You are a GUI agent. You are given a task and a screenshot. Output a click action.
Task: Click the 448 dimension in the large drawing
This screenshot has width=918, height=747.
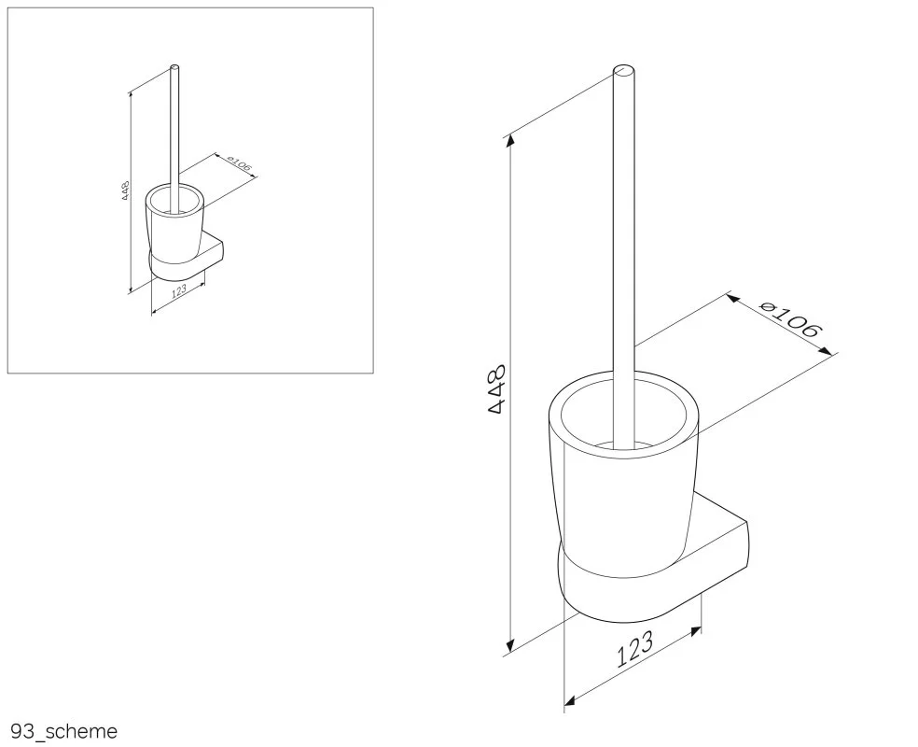497,389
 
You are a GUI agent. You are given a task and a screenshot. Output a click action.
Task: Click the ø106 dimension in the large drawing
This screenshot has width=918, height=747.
790,320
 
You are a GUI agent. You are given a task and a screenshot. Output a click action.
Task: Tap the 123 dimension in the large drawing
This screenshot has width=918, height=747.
634,649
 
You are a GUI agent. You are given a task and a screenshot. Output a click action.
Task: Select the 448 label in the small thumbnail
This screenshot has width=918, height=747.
125,191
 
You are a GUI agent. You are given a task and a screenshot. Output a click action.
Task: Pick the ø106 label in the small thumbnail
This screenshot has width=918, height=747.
239,164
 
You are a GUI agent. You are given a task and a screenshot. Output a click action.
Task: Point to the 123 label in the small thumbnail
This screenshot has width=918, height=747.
179,290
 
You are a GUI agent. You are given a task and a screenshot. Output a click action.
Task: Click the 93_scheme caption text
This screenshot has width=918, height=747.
63,731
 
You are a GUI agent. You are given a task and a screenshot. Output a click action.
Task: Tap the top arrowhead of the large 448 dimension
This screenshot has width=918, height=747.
511,139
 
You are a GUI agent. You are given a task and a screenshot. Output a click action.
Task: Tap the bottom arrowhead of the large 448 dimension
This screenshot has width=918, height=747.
511,644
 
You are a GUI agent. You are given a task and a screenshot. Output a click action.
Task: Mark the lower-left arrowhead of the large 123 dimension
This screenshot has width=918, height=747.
570,700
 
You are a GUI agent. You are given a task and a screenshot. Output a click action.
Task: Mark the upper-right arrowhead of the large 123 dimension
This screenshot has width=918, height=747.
696,631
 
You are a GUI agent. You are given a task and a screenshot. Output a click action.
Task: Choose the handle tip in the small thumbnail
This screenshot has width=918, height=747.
174,67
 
